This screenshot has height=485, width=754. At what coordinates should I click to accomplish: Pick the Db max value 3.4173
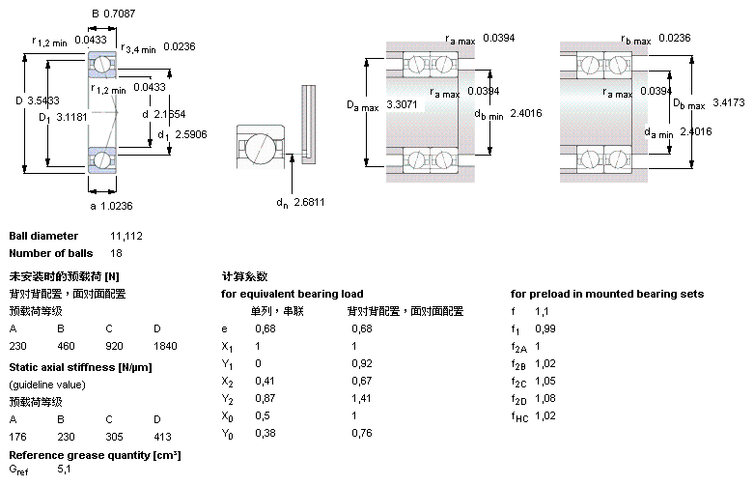click(731, 102)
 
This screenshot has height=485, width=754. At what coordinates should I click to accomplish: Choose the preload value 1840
click(165, 345)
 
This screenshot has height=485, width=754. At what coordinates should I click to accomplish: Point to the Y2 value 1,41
click(359, 397)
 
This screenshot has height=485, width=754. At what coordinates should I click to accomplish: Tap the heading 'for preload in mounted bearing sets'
click(606, 294)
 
